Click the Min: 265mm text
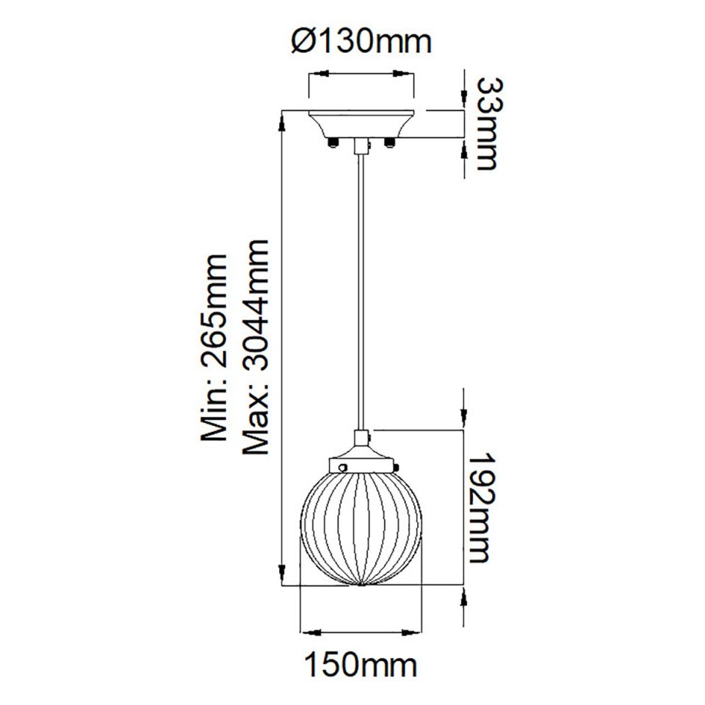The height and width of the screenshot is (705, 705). [214, 348]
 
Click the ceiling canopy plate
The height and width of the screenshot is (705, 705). [361, 121]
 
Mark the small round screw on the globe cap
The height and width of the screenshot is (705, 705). [341, 465]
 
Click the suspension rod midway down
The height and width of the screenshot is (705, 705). [361, 294]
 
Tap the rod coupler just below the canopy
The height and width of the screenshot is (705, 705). [361, 146]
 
